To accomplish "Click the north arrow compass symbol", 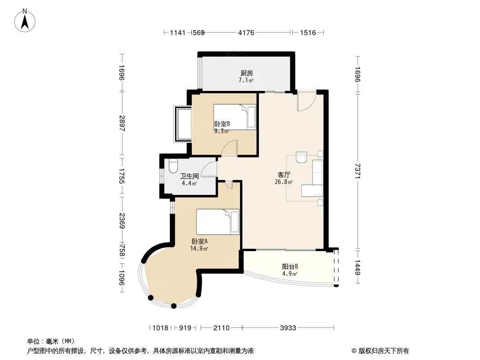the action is pos(25,20).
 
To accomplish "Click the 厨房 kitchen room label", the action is pos(246,73).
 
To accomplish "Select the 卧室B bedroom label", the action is pos(222,124).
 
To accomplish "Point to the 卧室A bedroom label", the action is pos(199,242).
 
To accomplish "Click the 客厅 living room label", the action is pos(284,175).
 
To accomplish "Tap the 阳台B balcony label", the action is pos(290,267).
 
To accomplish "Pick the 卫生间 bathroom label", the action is pos(189,176).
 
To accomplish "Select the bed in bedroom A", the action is pos(217,222).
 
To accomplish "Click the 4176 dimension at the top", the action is pos(246,32).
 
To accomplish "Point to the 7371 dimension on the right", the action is pos(358,171).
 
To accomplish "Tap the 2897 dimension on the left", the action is pos(122,123).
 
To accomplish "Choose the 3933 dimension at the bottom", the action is pos(288,328).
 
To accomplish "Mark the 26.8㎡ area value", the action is pos(284,182).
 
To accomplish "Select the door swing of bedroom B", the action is pos(230,148).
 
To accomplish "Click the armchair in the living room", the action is pos(301,157).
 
